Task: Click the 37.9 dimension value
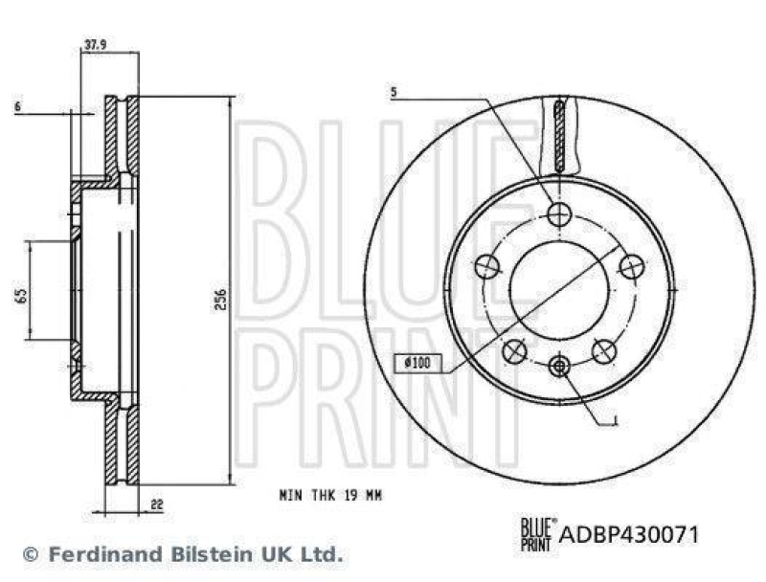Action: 94,43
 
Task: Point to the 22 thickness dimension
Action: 155,504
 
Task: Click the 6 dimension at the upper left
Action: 17,108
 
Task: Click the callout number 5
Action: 393,93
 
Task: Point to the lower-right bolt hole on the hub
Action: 603,350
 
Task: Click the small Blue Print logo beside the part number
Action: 534,533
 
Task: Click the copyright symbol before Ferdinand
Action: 30,554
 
